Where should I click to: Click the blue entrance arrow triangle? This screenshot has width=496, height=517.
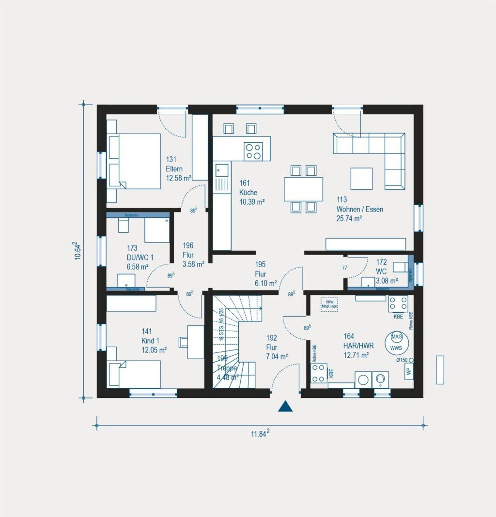285,407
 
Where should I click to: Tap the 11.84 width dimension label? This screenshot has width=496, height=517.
260,434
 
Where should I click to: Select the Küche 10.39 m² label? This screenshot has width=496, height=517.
252,192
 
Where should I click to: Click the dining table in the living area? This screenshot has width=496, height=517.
303,189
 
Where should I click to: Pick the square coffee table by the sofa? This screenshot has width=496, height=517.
361,179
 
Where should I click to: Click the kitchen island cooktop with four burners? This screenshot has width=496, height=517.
253,151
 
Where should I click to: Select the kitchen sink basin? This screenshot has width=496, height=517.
222,170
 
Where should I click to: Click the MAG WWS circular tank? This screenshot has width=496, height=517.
397,342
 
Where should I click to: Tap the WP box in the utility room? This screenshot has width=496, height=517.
409,371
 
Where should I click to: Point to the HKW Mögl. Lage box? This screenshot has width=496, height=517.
329,304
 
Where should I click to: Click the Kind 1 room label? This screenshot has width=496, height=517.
154,340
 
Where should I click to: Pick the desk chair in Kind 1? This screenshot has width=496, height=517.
183,342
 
